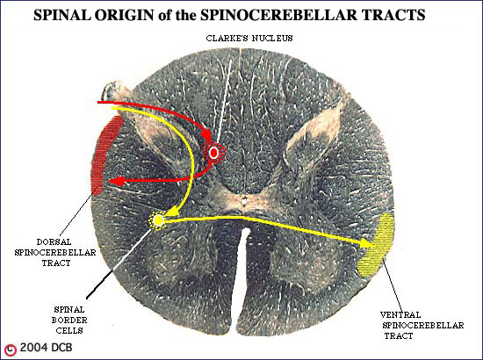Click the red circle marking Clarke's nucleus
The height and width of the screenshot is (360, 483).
point(213,152)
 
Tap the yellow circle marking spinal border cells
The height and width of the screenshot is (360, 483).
point(158,220)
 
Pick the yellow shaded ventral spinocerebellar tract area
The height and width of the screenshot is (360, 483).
point(377,245)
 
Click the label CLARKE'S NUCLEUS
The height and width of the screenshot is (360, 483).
point(249,38)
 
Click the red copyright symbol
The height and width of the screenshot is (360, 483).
point(11,349)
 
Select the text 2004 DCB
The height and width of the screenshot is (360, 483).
point(47,348)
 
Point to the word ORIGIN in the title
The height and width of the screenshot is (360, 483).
point(124,15)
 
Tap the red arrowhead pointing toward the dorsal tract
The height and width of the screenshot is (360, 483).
point(117,182)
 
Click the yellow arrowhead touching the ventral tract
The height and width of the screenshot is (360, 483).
point(366,242)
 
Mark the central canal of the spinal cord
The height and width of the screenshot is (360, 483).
point(244,201)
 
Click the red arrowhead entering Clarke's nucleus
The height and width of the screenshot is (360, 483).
point(205,136)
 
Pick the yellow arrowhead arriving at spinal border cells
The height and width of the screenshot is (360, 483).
point(171,212)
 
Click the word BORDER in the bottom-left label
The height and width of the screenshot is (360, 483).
point(69,320)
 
